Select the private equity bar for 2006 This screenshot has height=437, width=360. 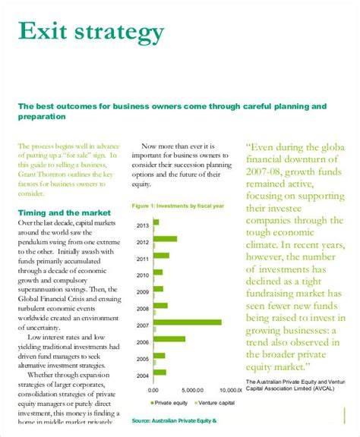[x=169, y=338]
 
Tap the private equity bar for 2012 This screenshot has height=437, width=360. [x=165, y=238]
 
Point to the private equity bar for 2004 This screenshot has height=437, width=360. [x=159, y=372]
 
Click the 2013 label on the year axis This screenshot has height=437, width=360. [x=142, y=225]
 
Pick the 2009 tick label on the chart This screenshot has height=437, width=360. [x=142, y=292]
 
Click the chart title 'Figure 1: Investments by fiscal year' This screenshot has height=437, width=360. [x=177, y=206]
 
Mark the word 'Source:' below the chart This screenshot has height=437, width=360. [x=145, y=420]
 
